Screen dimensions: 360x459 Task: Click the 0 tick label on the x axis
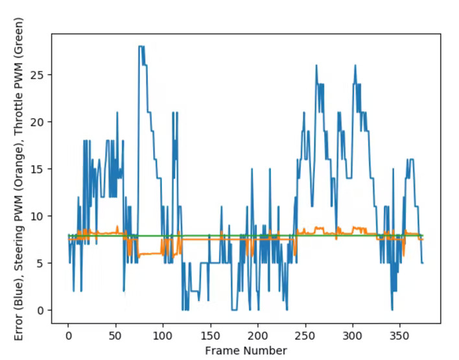coord(68,336)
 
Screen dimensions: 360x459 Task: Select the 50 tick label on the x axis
coord(115,336)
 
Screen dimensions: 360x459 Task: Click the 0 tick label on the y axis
coord(41,310)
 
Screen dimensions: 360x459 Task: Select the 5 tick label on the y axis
coord(41,263)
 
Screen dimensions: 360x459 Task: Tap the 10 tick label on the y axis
coord(39,216)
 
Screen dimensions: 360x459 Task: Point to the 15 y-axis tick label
coord(39,169)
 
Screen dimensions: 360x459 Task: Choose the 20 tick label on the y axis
coord(39,122)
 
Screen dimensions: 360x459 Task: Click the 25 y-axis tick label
coord(39,75)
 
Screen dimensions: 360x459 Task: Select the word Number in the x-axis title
coord(265,350)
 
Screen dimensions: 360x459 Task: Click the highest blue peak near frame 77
coord(141,46)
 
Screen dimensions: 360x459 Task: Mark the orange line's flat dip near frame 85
coord(148,254)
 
